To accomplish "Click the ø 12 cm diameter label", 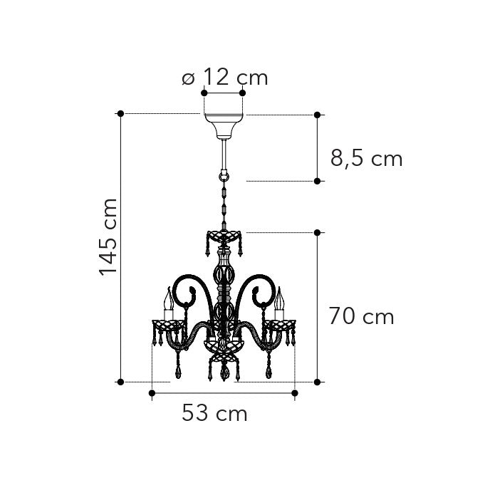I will coord(224,77).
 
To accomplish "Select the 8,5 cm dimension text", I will coord(366,158).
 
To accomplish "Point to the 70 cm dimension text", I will coord(361,316).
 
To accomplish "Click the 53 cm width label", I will coord(214,413).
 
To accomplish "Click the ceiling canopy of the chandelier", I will coord(223,124).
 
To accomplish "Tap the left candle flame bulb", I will coord(169,299).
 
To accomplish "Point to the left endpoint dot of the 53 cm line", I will coord(152,392).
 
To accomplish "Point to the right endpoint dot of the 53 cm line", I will coord(294,392).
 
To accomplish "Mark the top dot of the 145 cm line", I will coord(120,114).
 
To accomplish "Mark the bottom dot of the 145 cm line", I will coord(120,382).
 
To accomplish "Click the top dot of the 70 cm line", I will coord(318,232).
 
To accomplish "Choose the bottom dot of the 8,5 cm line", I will coord(318,182).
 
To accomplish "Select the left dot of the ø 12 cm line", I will coord(204,93).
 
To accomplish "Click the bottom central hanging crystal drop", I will coord(224,372).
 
